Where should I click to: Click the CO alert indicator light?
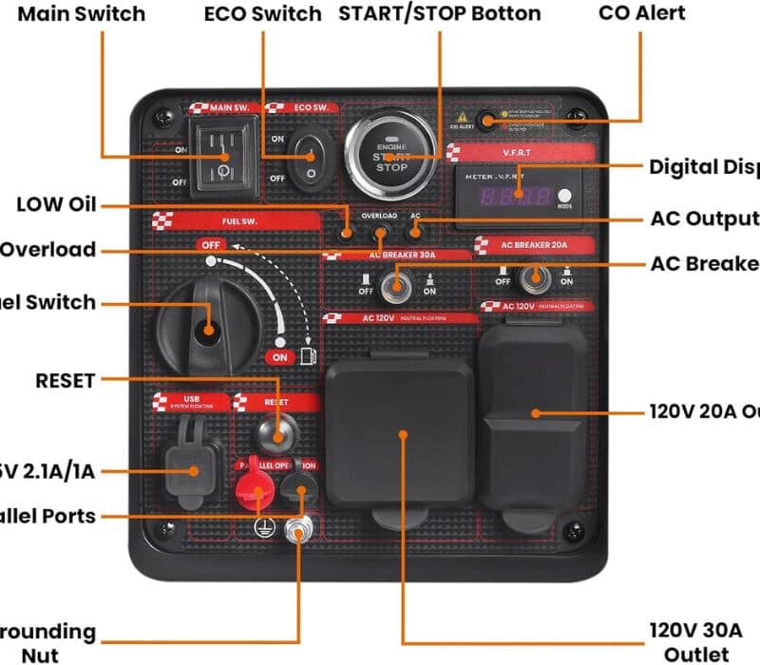(487, 121)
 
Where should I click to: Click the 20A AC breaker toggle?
(534, 277)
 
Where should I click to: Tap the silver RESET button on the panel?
(276, 435)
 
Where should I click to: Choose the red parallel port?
(253, 491)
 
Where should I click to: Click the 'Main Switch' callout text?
(82, 13)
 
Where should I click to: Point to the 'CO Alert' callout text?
(642, 13)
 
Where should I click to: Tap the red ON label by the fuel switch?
(279, 356)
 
